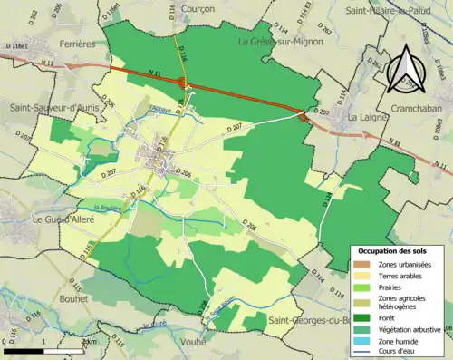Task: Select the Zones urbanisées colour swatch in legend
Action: click(361, 263)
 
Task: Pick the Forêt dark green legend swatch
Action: click(361, 316)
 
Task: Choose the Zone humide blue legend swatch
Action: click(361, 340)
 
